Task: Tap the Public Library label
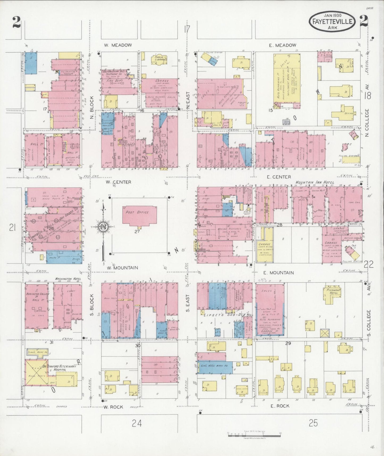[x=159, y=58]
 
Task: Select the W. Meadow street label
[x=118, y=45]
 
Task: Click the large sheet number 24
[x=137, y=423]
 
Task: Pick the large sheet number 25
[x=313, y=423]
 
